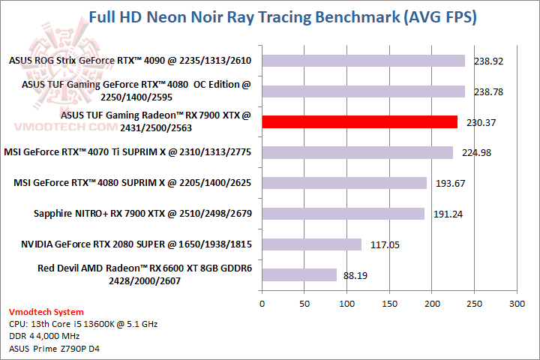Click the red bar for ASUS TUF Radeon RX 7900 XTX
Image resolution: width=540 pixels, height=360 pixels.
coord(359,122)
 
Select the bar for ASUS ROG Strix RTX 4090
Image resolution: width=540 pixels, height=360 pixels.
coord(363,61)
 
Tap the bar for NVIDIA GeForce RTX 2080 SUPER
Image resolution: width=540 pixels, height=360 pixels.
coord(311,244)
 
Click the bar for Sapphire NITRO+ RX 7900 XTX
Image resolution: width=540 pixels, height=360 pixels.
coord(343,214)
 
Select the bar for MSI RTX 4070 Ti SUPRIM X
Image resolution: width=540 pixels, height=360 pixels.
coord(357,153)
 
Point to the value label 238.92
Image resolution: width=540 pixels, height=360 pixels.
coord(490,61)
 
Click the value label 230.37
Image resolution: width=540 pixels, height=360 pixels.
coord(483,122)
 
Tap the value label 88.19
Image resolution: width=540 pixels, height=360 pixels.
coord(355,275)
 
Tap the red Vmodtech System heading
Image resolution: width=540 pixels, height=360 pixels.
coord(46,312)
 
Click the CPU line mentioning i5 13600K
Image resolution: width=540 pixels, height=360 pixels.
coord(83,324)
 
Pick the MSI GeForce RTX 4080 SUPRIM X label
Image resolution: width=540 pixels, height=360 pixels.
coord(133,183)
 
